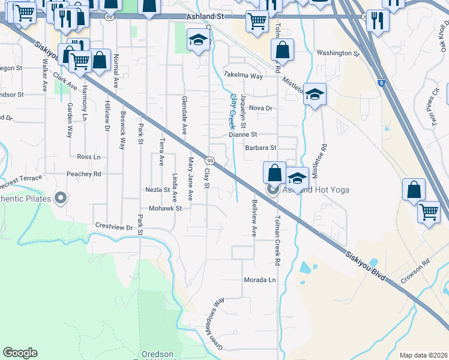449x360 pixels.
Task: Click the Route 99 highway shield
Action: pyautogui.click(x=210, y=161)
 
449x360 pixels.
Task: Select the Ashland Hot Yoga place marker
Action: pyautogui.click(x=274, y=191)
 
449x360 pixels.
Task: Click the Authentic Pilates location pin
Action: pyautogui.click(x=60, y=197)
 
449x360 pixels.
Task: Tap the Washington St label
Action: pyautogui.click(x=338, y=53)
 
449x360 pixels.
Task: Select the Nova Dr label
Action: pyautogui.click(x=261, y=108)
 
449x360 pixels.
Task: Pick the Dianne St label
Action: pyautogui.click(x=243, y=135)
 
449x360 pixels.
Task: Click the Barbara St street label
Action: pyautogui.click(x=260, y=148)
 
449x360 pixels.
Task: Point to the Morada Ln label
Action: pyautogui.click(x=259, y=280)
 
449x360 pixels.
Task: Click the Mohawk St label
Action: pyautogui.click(x=165, y=209)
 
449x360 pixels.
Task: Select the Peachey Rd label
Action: pyautogui.click(x=85, y=174)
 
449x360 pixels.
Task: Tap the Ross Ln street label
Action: pyautogui.click(x=89, y=157)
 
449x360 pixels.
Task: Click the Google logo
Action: pyautogui.click(x=20, y=353)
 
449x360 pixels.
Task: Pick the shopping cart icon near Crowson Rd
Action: pyautogui.click(x=429, y=212)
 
